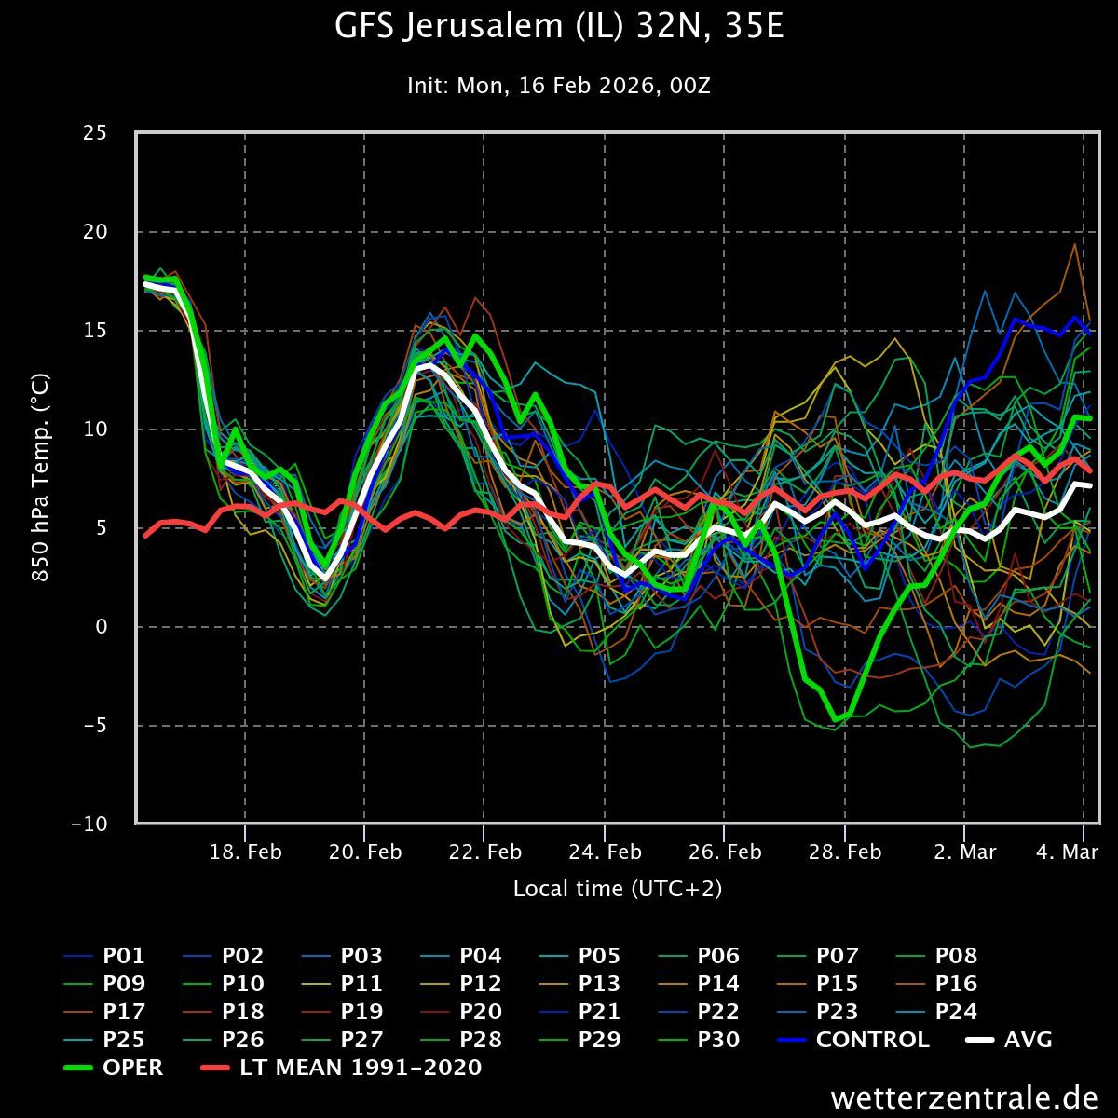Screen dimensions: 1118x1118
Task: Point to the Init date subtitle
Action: click(x=559, y=86)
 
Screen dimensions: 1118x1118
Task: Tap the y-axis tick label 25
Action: click(x=95, y=133)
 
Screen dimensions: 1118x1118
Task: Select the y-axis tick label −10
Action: click(x=89, y=825)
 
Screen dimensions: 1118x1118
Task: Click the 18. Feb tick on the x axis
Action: click(x=245, y=852)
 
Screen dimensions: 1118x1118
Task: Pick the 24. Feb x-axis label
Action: click(x=605, y=852)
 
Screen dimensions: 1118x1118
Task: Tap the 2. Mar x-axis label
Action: click(x=964, y=852)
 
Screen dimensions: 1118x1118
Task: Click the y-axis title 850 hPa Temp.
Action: click(x=40, y=478)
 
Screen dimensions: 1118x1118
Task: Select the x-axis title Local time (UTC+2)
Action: click(x=618, y=889)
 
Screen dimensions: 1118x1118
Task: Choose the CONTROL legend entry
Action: click(x=872, y=1040)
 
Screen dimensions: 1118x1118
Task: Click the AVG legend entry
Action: click(x=1028, y=1040)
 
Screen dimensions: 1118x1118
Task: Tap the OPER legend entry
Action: click(x=132, y=1068)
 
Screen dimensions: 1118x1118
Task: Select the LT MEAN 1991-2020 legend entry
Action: click(x=361, y=1068)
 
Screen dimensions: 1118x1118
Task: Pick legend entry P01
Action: click(x=123, y=956)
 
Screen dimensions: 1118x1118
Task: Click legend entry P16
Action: click(x=956, y=984)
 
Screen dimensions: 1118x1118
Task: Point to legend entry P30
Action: click(x=718, y=1040)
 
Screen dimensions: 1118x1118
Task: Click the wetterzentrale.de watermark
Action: click(x=964, y=1098)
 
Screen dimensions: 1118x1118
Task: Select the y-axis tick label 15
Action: click(x=95, y=331)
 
